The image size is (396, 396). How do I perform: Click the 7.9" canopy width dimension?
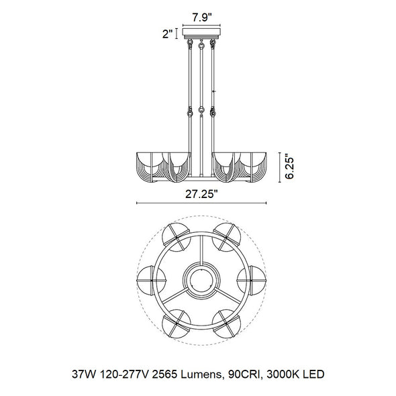(x=201, y=17)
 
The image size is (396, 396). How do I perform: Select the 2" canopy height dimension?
(x=168, y=34)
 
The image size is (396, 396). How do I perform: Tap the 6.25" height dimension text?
(x=289, y=168)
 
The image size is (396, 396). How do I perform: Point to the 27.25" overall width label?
(x=201, y=194)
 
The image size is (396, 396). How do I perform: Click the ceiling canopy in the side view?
(x=201, y=33)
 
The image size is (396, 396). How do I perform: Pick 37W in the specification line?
(x=84, y=374)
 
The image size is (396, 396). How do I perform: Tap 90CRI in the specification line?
(x=244, y=374)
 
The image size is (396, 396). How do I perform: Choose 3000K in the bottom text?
(x=281, y=374)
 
